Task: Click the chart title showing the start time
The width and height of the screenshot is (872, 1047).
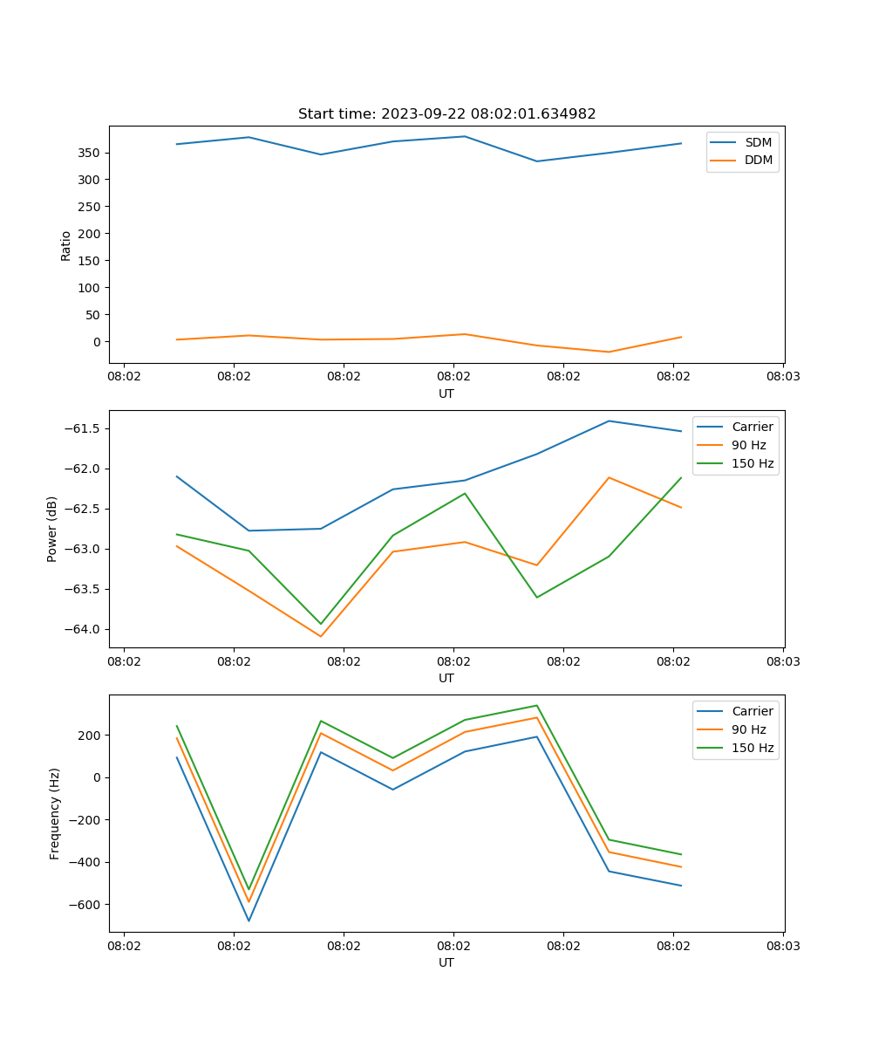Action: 446,114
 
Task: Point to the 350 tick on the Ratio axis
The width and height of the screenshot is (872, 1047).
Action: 90,153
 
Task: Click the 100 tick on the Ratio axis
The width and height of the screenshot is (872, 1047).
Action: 90,288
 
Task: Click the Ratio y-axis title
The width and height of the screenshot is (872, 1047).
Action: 66,245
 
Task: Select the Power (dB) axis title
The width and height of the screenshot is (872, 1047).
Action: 52,529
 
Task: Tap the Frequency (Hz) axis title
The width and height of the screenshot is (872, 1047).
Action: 55,813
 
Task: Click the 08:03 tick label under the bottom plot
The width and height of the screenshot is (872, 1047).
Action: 783,946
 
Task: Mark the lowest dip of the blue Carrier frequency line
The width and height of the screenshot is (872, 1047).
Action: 249,920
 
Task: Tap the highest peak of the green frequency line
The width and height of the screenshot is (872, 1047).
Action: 536,705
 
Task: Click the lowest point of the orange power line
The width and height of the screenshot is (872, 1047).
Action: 321,636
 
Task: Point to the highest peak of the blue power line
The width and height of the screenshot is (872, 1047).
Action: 609,421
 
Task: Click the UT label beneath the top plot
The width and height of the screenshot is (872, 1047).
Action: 446,393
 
